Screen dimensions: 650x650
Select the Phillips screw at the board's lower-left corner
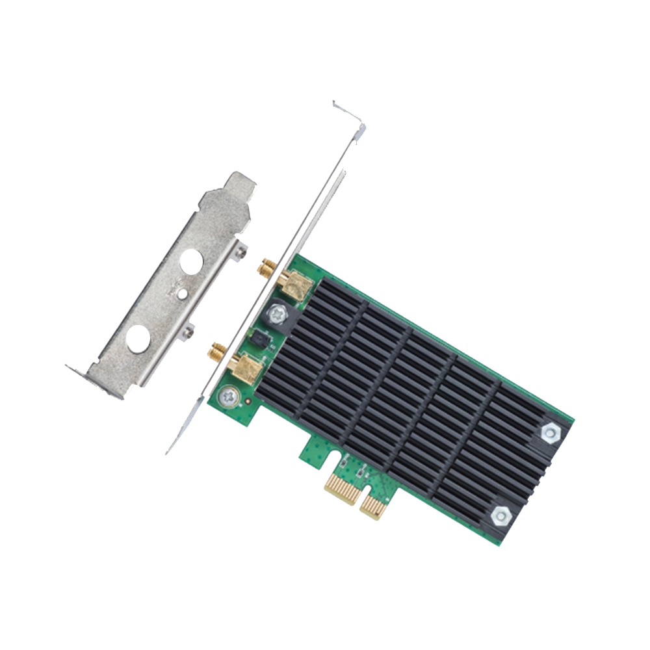tap(227, 395)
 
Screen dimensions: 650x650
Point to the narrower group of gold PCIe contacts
tap(373, 504)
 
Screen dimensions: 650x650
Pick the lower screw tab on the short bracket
tap(188, 332)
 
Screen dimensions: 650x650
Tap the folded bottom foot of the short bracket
tap(81, 374)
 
